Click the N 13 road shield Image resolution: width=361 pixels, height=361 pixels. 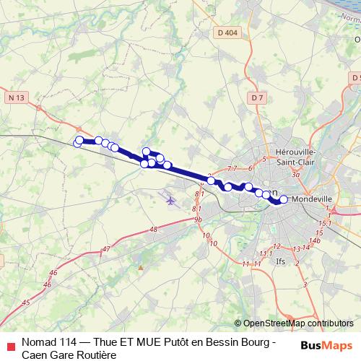(18, 97)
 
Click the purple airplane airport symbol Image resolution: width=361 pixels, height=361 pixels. (170, 200)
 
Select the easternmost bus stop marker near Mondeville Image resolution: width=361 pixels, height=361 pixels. (284, 199)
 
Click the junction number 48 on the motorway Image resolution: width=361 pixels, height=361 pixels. (152, 230)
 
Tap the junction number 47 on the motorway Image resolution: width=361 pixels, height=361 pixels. (107, 249)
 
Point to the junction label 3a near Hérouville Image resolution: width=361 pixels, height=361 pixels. (295, 174)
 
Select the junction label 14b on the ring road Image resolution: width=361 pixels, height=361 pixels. (315, 240)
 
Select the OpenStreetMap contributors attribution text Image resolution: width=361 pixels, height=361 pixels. (298, 323)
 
